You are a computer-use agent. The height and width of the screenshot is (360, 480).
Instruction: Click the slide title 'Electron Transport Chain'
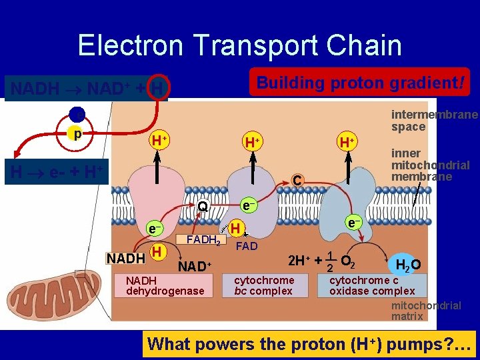(x=239, y=46)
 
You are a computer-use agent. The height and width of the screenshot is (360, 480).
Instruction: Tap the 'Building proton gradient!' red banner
(x=359, y=84)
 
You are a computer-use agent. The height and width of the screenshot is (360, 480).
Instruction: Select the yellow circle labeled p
(x=79, y=133)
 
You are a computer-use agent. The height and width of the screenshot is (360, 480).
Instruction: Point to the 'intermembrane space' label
(x=433, y=121)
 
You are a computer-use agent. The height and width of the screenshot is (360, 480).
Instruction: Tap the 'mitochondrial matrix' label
(x=426, y=311)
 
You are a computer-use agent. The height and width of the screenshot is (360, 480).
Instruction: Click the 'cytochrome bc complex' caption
(x=264, y=285)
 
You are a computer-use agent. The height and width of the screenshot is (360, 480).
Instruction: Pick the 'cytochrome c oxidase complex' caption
(x=372, y=285)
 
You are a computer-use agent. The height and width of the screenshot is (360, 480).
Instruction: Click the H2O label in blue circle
(x=407, y=265)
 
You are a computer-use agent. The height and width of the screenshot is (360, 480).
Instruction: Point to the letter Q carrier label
(x=203, y=207)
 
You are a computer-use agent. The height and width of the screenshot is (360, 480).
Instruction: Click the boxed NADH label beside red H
(x=126, y=258)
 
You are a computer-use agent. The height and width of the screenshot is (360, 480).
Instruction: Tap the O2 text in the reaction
(x=347, y=260)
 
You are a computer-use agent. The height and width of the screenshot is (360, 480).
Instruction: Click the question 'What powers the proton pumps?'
(x=309, y=344)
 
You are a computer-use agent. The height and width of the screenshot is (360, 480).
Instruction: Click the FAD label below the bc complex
(x=247, y=246)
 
